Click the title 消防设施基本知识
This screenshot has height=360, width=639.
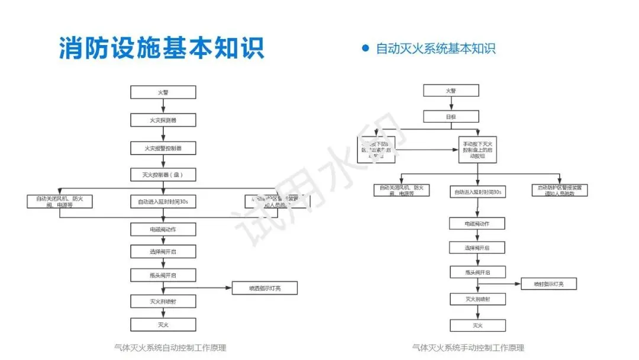tap(161, 47)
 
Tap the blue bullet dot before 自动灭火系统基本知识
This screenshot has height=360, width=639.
tap(365, 48)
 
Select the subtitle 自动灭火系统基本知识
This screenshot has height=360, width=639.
tap(435, 49)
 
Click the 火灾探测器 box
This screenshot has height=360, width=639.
tap(163, 120)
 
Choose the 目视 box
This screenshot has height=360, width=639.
tap(451, 117)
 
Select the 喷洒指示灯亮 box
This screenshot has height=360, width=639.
tap(264, 288)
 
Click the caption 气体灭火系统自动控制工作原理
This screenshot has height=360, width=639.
tap(170, 348)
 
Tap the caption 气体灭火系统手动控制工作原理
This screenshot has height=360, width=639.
tap(468, 348)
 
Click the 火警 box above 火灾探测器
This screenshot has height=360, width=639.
tap(163, 92)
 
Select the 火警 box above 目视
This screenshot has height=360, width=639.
tap(451, 91)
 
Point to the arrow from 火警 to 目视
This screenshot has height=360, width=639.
tap(451, 104)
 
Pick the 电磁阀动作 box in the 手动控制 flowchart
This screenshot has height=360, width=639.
tap(477, 223)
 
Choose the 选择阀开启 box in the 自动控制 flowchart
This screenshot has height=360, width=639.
tap(163, 251)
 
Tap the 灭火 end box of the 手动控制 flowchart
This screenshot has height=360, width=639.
tap(477, 325)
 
